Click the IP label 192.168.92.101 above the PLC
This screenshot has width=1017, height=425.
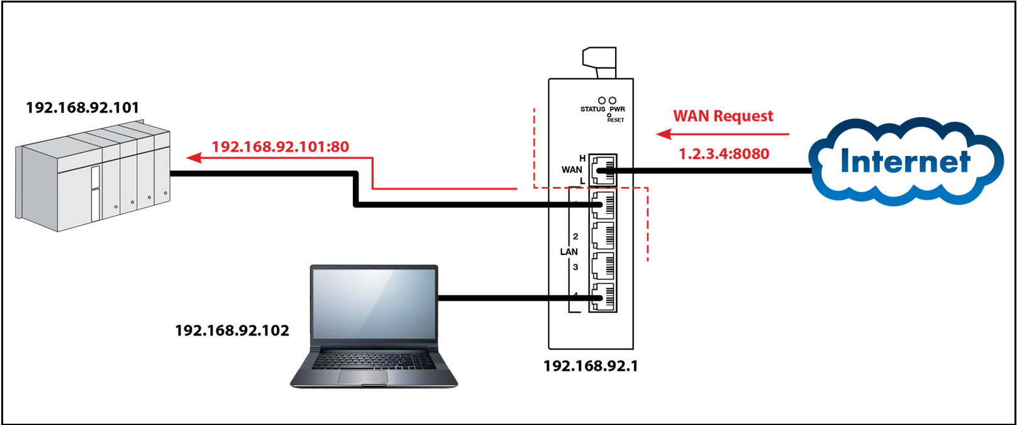click(x=82, y=108)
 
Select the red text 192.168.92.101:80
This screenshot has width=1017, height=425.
click(x=280, y=147)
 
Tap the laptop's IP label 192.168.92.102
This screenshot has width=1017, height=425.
click(x=232, y=331)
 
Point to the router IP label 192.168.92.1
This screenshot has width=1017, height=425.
click(x=591, y=366)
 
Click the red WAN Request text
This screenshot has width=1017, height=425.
click(x=723, y=116)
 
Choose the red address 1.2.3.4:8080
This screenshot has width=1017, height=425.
click(x=724, y=154)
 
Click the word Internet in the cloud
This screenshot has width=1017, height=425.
click(x=905, y=161)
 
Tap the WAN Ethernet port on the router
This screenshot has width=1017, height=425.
click(x=603, y=170)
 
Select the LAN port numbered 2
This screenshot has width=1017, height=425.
click(x=603, y=236)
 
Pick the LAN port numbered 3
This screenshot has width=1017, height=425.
click(x=603, y=266)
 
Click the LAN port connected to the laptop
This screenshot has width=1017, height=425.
click(x=603, y=297)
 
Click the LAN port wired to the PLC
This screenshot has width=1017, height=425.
click(x=603, y=205)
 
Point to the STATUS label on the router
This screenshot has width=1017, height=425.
click(x=592, y=110)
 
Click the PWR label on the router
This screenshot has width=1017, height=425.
click(x=618, y=110)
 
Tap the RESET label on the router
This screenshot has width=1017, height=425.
click(x=616, y=120)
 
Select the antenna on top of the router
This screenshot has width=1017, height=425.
click(x=599, y=61)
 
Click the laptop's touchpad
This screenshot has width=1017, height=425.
click(x=362, y=377)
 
